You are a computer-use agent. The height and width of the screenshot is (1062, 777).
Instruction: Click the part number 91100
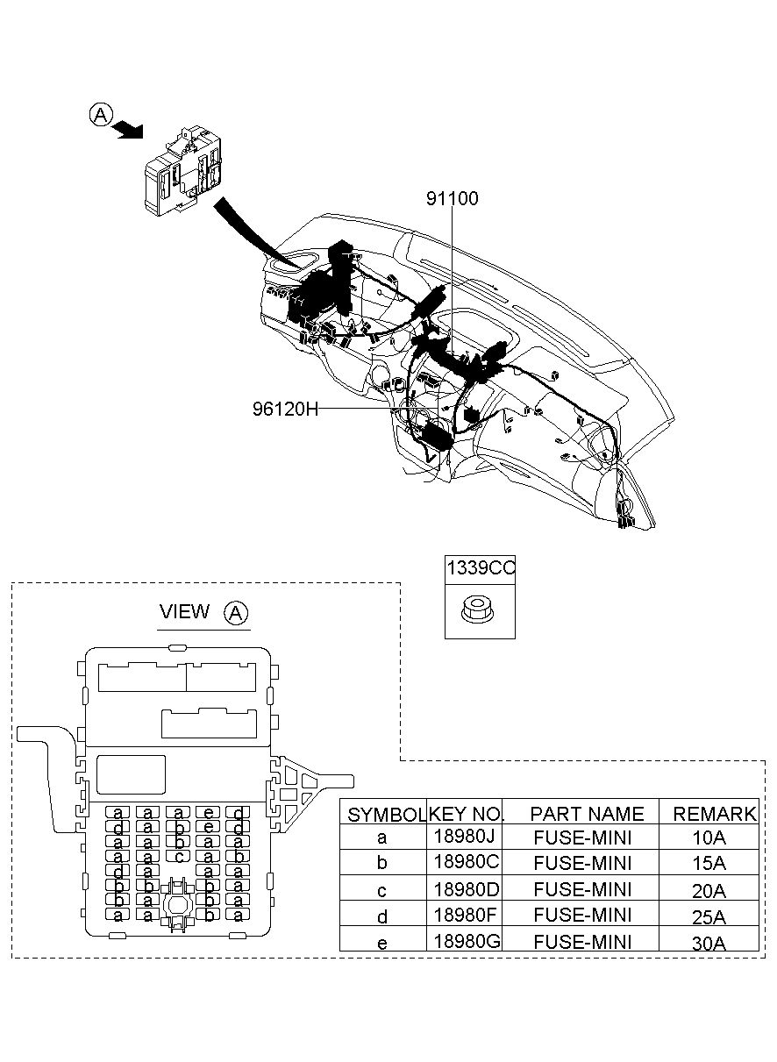coord(453,198)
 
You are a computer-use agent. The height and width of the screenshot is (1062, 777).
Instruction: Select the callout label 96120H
coord(285,408)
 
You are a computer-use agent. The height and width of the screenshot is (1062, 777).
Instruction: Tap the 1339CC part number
coord(481,567)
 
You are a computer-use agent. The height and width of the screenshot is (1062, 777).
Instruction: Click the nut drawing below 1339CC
coord(477,609)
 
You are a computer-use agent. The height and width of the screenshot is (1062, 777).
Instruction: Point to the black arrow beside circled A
coord(129,129)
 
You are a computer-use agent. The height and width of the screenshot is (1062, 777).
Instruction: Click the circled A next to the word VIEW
coord(236,613)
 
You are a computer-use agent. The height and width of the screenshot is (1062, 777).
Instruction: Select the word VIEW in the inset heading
coord(184,611)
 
